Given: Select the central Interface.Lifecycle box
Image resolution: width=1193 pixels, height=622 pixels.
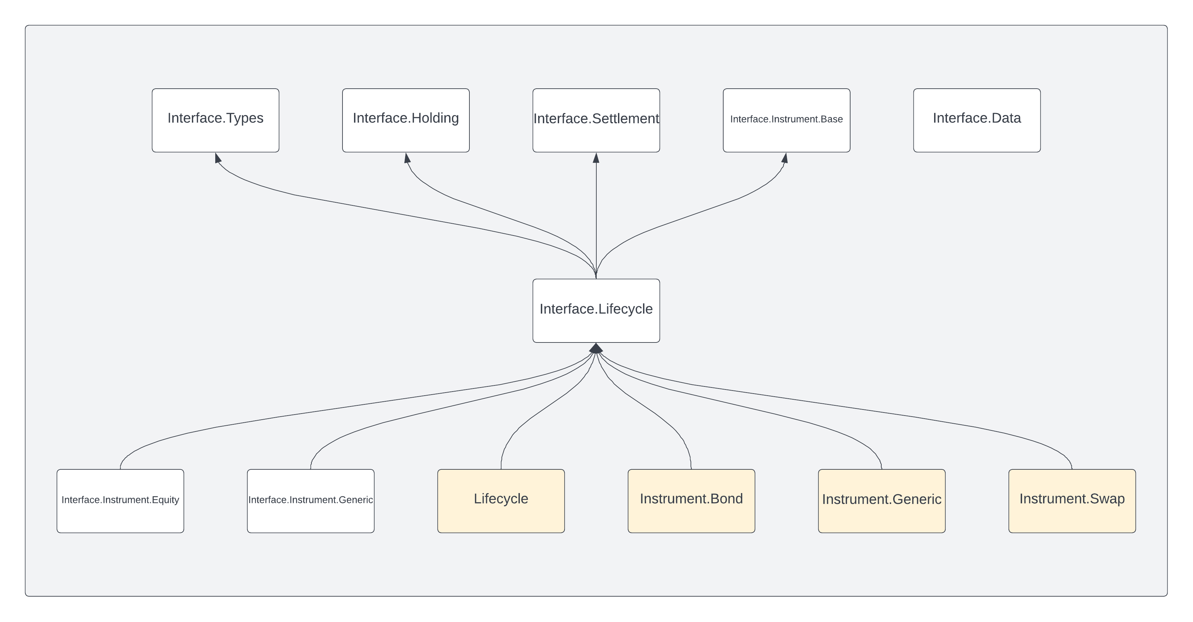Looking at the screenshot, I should pyautogui.click(x=596, y=310).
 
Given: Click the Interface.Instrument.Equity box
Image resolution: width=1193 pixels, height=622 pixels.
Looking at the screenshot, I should pyautogui.click(x=120, y=501).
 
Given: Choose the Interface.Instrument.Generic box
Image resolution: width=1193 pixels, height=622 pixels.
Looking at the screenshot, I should pyautogui.click(x=311, y=501).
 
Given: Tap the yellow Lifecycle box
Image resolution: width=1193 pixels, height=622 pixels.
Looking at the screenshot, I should pyautogui.click(x=501, y=501).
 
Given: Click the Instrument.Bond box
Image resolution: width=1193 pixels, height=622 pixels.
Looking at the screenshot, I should pyautogui.click(x=691, y=501).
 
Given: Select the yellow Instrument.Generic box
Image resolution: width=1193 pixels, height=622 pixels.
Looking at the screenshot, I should pyautogui.click(x=882, y=501).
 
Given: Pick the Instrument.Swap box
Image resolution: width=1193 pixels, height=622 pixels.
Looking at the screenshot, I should pyautogui.click(x=1072, y=501).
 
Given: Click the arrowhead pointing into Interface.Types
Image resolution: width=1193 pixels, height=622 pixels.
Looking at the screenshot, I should pyautogui.click(x=218, y=158).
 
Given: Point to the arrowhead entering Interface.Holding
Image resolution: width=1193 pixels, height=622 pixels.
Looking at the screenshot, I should pyautogui.click(x=407, y=158).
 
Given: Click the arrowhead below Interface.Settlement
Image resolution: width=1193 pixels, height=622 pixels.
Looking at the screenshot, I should pyautogui.click(x=596, y=158).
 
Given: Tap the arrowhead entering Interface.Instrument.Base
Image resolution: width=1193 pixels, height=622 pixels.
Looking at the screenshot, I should pyautogui.click(x=785, y=158).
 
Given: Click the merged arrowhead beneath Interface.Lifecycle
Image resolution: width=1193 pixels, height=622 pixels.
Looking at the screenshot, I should pyautogui.click(x=596, y=348).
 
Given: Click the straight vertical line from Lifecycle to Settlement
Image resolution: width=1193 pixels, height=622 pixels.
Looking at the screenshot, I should pyautogui.click(x=596, y=218).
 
